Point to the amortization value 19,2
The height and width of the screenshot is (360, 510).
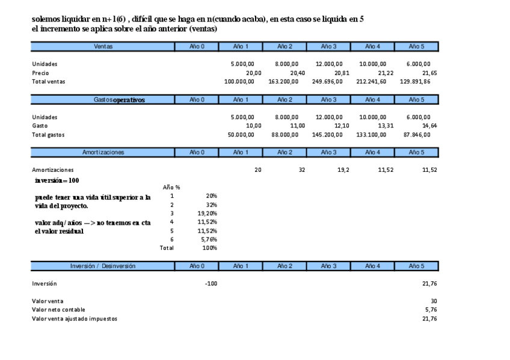tap(343, 170)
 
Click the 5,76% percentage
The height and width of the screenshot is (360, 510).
tap(209, 239)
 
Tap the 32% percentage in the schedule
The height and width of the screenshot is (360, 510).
tap(211, 204)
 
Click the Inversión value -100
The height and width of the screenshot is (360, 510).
tap(210, 283)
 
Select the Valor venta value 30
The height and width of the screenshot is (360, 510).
tap(433, 301)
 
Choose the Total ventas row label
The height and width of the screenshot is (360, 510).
tap(49, 81)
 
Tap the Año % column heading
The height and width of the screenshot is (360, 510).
tap(171, 188)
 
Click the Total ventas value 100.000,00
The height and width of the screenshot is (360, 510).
tap(239, 81)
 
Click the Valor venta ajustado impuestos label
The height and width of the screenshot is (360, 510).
tap(75, 319)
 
